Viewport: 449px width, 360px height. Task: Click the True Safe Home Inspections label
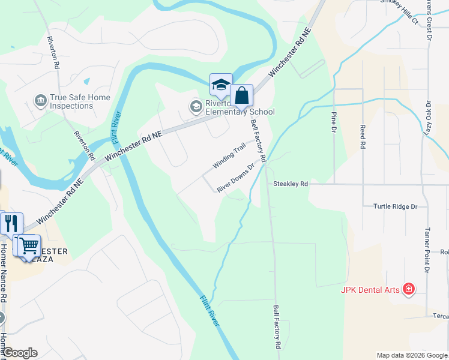[71, 101]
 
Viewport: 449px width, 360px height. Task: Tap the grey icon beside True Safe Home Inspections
[40, 98]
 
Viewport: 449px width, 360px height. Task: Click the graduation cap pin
[220, 85]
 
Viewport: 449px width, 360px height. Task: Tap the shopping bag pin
[241, 96]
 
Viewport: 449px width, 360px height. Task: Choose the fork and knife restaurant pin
[11, 223]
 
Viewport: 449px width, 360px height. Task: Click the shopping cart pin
[28, 245]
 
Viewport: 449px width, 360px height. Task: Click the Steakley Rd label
[291, 184]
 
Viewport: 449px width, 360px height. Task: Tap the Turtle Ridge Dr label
[395, 206]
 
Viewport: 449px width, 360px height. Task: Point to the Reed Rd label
[363, 137]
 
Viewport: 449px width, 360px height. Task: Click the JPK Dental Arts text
[370, 290]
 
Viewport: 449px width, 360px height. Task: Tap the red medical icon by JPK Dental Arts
[409, 290]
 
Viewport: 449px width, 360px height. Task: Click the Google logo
[19, 353]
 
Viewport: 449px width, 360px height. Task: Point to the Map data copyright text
[412, 355]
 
